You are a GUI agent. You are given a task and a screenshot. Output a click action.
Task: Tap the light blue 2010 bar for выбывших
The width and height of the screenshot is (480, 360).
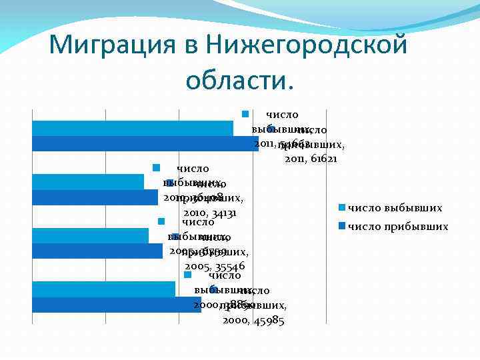87,181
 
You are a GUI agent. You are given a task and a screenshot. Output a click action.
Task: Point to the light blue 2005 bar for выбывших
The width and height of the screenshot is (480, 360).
90,235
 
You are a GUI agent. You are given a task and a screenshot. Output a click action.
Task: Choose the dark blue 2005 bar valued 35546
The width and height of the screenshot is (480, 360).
97,251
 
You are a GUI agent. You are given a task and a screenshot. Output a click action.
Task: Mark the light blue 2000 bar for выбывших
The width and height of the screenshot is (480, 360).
103,289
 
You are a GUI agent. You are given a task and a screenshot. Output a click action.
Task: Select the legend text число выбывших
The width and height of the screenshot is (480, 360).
395,208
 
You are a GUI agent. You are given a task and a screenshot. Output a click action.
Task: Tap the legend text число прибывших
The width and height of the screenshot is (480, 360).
398,227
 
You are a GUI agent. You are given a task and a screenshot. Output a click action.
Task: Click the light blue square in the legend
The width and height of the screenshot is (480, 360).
342,208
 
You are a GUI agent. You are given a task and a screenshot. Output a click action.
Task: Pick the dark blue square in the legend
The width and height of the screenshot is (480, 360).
342,227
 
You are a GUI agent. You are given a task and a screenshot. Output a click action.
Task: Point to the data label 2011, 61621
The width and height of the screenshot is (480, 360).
311,160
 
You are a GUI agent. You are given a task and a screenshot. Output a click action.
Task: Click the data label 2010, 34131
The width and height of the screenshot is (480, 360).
210,213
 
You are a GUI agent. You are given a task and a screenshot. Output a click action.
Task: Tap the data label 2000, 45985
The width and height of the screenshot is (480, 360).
253,321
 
